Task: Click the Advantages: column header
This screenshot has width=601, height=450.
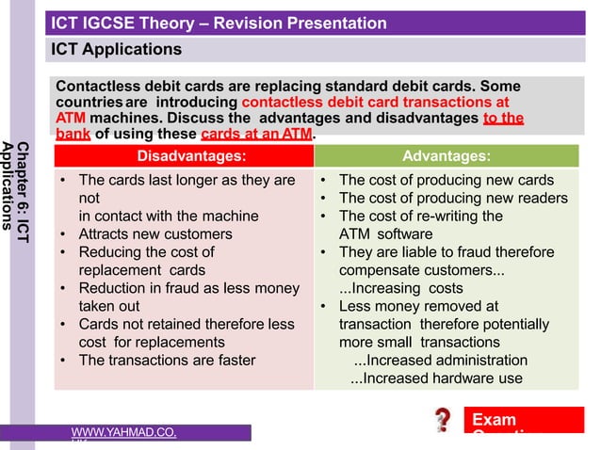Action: pos(446,155)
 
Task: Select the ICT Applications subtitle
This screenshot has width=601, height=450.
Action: pos(116,48)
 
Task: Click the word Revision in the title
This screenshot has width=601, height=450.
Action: pos(253,23)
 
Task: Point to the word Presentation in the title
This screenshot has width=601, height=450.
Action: pos(336,23)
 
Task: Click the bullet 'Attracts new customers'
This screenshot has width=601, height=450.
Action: pos(154,233)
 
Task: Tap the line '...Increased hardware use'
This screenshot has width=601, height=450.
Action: pos(436,378)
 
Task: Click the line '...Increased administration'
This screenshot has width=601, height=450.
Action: pos(440,360)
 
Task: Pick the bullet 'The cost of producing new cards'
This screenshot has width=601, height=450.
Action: pos(446,180)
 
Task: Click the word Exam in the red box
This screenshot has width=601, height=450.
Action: pos(494,419)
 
